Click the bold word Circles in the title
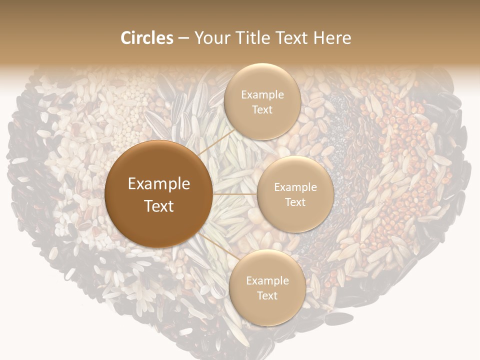[x=146, y=38]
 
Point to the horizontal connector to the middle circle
[x=234, y=193]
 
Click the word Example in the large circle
[x=159, y=184]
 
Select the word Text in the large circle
[x=159, y=205]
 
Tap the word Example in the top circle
[x=262, y=95]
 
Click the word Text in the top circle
[x=262, y=109]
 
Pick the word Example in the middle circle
[x=295, y=187]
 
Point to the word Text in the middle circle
[x=295, y=202]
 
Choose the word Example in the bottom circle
[x=267, y=281]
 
